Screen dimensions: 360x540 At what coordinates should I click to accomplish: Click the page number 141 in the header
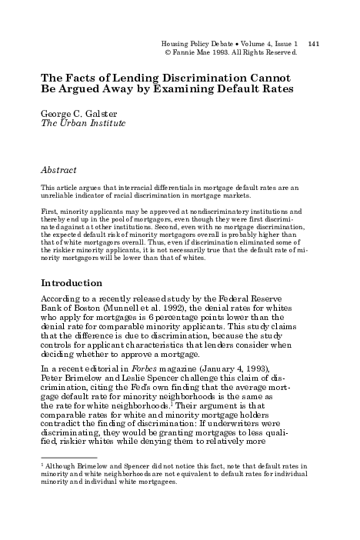[x=313, y=44]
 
